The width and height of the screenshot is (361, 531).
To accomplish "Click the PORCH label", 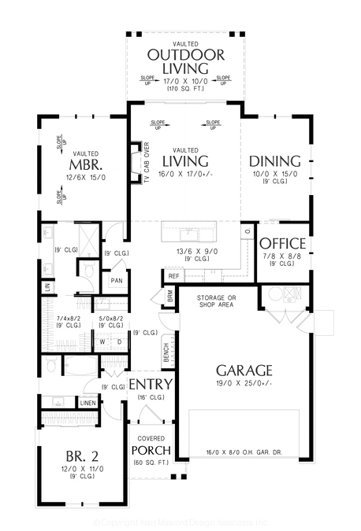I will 151,450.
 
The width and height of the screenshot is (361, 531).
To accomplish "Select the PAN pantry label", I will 117,281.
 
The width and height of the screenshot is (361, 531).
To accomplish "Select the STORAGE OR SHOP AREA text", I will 217,301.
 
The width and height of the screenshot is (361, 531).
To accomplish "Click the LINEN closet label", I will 88,403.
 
